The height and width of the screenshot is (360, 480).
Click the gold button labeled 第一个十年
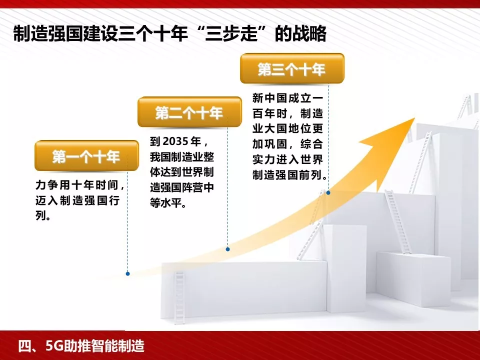86,156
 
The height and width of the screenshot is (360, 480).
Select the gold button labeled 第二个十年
188,112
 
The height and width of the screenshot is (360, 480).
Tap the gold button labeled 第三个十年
291,69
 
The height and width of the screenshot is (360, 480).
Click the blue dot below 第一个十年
128,274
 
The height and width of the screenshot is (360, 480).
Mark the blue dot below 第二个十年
228,248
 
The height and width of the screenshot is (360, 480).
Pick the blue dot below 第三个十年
328,192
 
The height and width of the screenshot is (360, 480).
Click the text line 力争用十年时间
80,185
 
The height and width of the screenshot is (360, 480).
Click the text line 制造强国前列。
290,175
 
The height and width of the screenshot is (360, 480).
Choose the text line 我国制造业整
182,156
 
